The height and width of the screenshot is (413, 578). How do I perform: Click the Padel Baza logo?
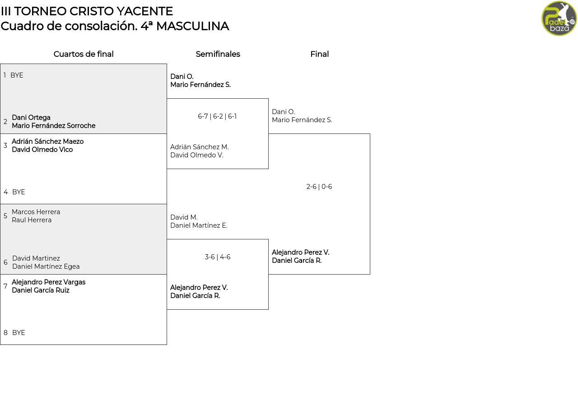(559, 18)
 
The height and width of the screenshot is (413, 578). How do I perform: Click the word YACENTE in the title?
(145, 11)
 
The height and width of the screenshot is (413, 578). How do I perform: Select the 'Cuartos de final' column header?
(84, 54)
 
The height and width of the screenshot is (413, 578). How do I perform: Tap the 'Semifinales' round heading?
(218, 54)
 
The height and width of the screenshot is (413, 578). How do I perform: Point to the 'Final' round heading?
(319, 54)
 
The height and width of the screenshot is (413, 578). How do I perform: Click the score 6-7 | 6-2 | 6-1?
(217, 116)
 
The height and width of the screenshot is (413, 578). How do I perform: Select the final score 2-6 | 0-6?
(319, 187)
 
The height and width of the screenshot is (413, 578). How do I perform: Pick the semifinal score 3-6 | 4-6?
(218, 257)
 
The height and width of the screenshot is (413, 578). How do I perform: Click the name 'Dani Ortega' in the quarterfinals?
(31, 118)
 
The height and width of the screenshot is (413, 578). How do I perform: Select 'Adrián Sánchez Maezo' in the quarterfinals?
(48, 142)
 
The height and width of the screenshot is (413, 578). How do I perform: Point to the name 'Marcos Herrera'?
(36, 212)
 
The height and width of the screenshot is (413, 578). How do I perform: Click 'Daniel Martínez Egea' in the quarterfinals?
(46, 266)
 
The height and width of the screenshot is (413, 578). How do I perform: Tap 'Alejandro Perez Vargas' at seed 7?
(48, 282)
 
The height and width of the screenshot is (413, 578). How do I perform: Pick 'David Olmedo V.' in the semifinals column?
(196, 155)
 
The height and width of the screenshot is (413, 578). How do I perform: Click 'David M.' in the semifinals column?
(184, 217)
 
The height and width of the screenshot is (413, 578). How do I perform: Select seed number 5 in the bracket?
(5, 216)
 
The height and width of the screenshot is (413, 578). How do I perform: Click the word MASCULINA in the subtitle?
(192, 26)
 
